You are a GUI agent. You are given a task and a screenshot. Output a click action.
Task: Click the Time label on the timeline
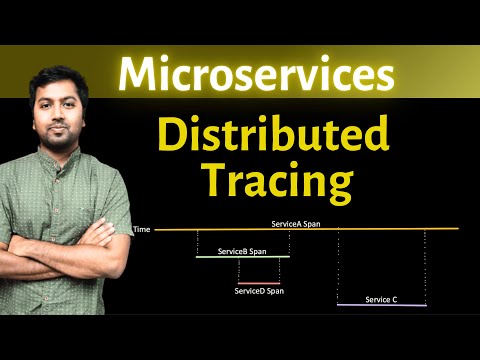pyautogui.click(x=141, y=229)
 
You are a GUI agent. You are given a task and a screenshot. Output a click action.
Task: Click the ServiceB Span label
pyautogui.click(x=243, y=251)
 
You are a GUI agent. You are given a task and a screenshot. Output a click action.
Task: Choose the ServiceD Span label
pyautogui.click(x=259, y=290)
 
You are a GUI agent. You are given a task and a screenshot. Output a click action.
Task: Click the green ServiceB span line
pyautogui.click(x=243, y=257)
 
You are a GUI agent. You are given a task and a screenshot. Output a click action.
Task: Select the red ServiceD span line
pyautogui.click(x=258, y=283)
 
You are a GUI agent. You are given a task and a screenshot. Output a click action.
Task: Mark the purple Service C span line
pyautogui.click(x=381, y=305)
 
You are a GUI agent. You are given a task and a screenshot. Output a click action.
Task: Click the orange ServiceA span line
pyautogui.click(x=300, y=229)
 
